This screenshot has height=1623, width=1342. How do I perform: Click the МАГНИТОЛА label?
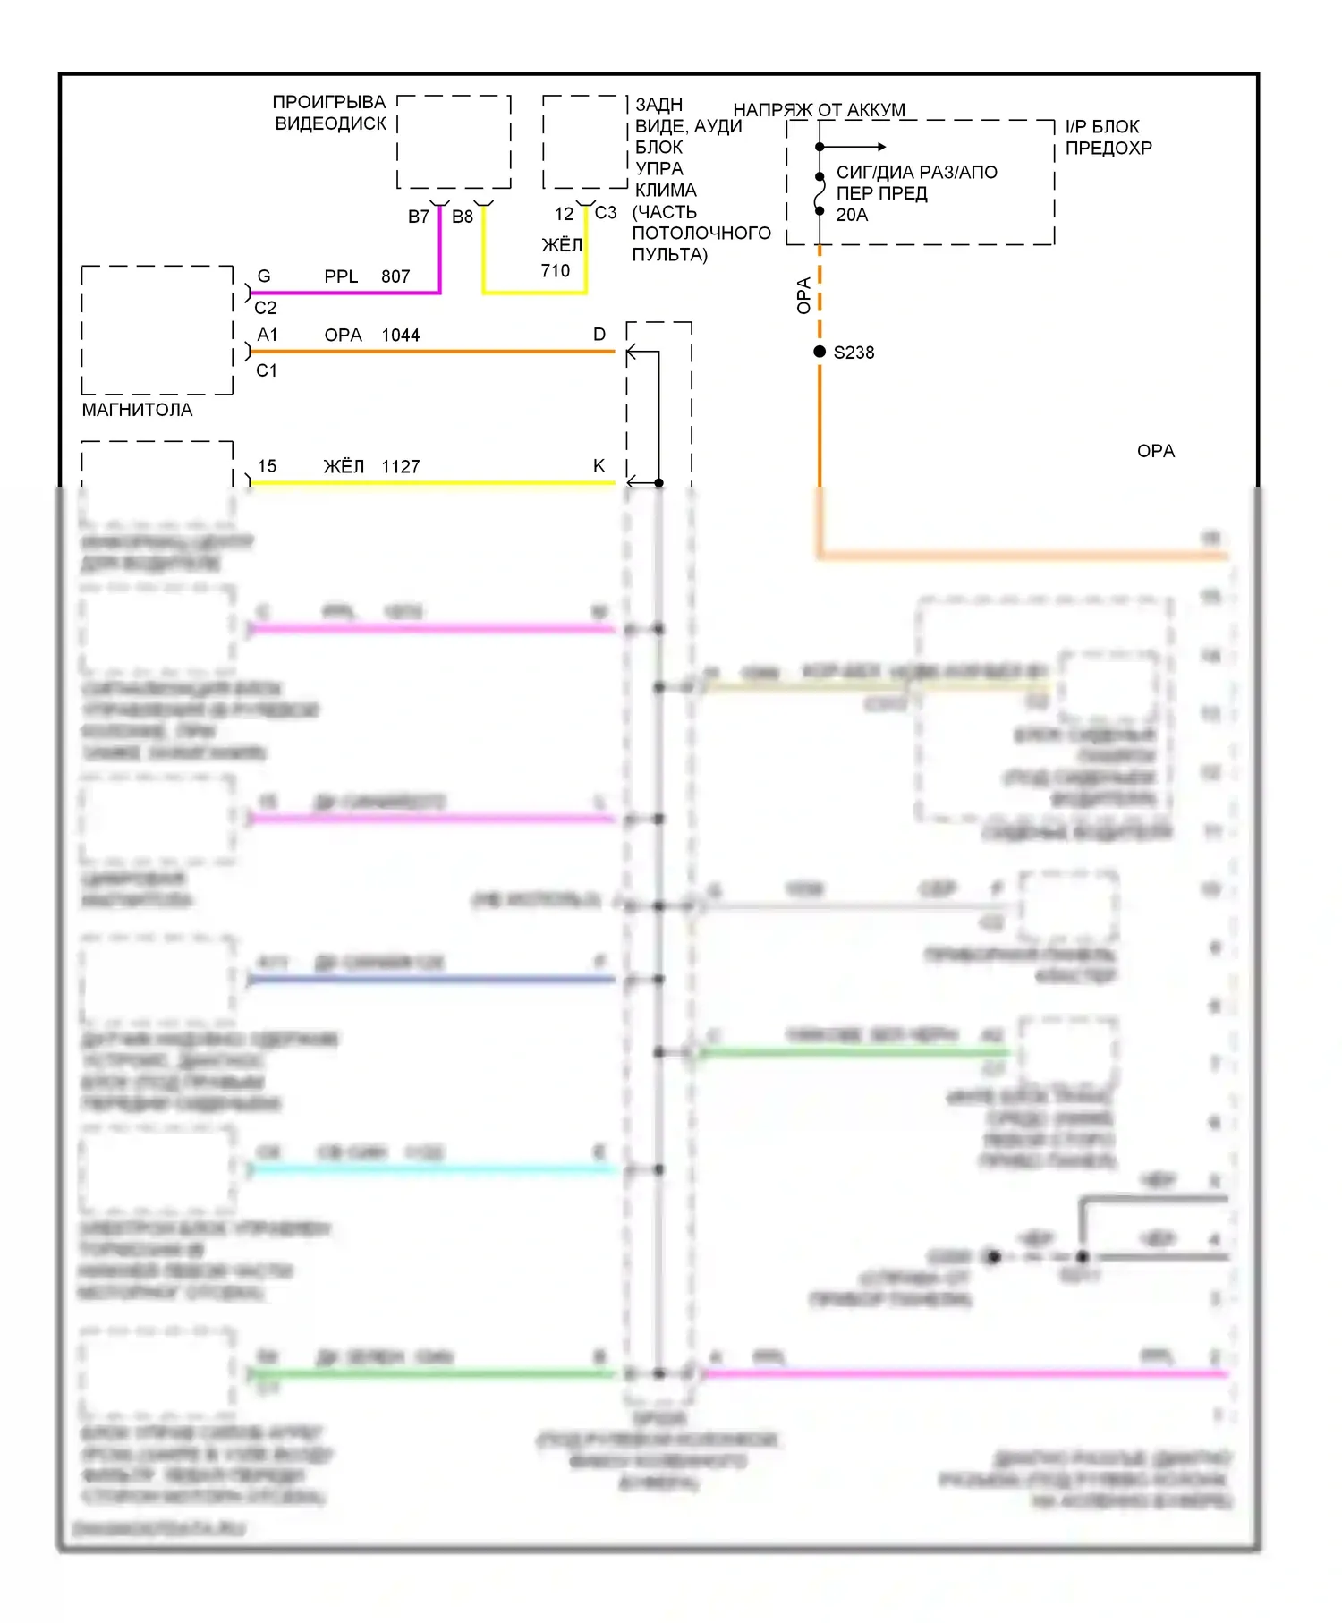(x=137, y=410)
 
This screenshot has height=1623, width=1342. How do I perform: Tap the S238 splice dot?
(x=820, y=352)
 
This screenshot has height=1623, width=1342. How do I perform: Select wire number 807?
(x=395, y=276)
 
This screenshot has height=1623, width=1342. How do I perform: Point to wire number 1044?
(x=400, y=336)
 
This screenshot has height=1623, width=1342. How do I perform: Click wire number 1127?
(x=400, y=467)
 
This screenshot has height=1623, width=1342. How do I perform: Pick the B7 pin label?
(x=419, y=217)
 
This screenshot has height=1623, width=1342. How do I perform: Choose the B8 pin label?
(x=463, y=217)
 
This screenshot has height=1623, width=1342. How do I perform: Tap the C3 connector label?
(x=606, y=213)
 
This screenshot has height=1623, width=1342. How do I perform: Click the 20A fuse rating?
(x=852, y=215)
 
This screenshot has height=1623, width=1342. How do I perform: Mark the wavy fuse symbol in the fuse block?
(x=820, y=194)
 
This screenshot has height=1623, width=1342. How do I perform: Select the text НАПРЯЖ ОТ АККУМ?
(x=819, y=110)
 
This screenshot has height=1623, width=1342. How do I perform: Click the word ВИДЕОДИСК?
(x=331, y=123)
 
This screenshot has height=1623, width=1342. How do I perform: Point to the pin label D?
(x=599, y=335)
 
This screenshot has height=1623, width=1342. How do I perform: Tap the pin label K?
(x=599, y=465)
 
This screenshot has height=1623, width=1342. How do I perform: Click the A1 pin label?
(x=268, y=335)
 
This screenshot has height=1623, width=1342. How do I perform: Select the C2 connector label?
(x=266, y=308)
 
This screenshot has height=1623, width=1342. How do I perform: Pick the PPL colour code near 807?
(x=341, y=276)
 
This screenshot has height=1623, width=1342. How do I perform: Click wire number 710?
(x=555, y=270)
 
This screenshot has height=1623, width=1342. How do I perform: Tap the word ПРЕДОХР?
(x=1108, y=148)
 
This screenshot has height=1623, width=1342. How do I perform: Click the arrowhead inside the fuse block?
(x=881, y=147)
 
